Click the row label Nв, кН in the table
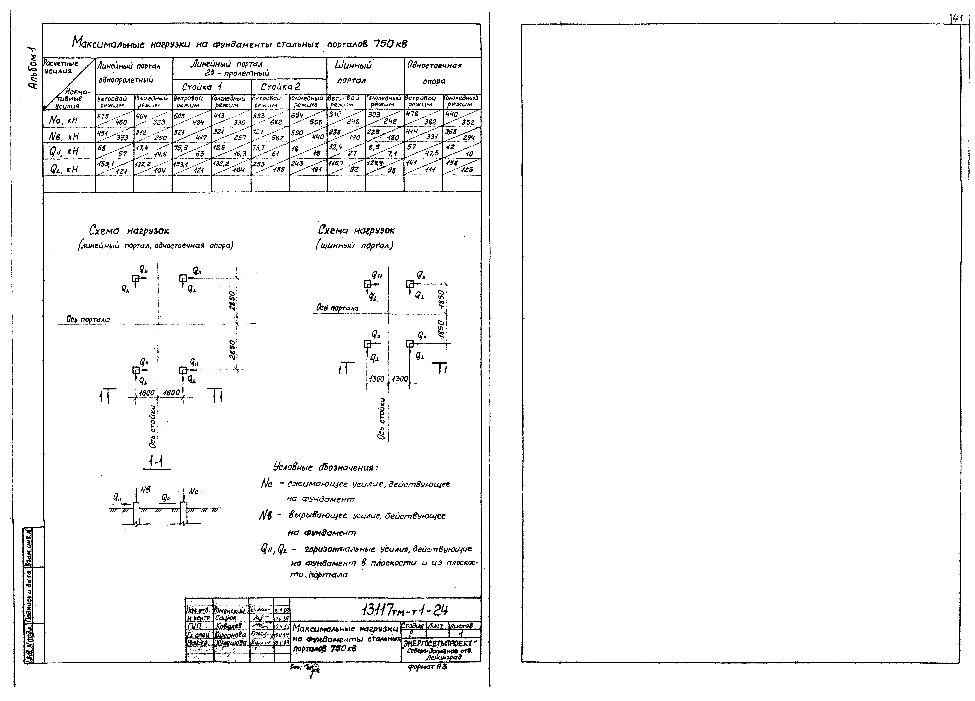point(64,136)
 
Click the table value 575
point(103,116)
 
